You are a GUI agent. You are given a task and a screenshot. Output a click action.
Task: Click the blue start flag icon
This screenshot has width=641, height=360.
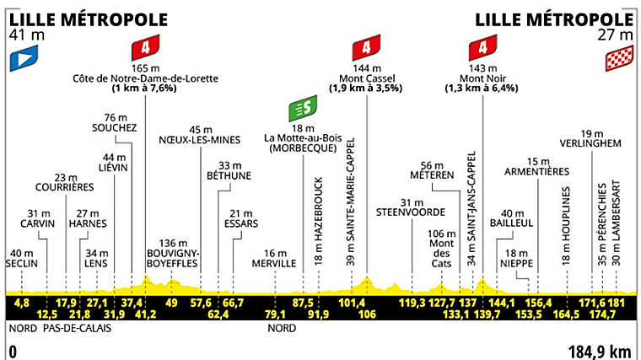(x=22, y=59)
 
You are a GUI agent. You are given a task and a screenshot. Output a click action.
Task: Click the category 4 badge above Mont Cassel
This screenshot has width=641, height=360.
(x=367, y=48)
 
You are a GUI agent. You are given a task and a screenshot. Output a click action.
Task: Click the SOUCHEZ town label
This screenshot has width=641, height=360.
(x=115, y=127)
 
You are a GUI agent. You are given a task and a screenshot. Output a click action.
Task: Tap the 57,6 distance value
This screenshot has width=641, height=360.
(x=200, y=302)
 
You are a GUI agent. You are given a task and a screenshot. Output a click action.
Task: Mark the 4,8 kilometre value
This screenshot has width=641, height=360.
(x=22, y=302)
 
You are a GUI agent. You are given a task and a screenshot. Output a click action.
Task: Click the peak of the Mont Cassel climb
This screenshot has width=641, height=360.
(x=367, y=277)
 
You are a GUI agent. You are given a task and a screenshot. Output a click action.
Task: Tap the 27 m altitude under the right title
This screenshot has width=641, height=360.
(x=617, y=35)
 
